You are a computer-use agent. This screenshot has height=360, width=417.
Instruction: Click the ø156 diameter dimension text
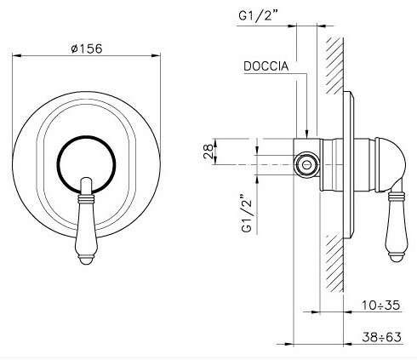coord(89,49)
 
